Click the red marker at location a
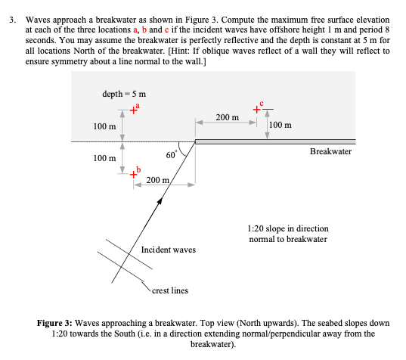[x=134, y=111]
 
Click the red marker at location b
[x=134, y=175]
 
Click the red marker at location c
[x=257, y=110]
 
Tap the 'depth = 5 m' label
[x=123, y=93]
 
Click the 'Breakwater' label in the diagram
[x=330, y=152]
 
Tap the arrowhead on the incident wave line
[x=160, y=201]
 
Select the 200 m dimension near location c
[x=227, y=118]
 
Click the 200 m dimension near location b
[x=157, y=181]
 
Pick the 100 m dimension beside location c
[x=280, y=125]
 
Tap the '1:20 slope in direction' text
[x=288, y=228]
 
